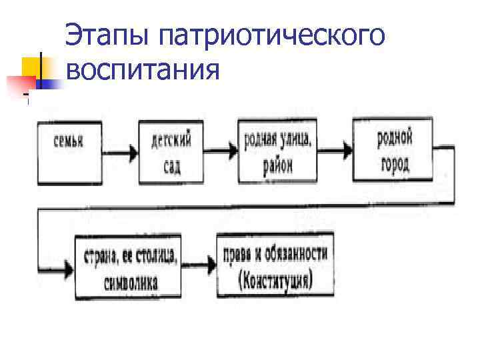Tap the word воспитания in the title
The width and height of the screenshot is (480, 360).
pyautogui.click(x=143, y=69)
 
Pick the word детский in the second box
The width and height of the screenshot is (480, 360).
pyautogui.click(x=171, y=141)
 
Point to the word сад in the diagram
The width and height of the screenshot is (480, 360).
pyautogui.click(x=172, y=165)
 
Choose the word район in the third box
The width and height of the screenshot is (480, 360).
pyautogui.click(x=276, y=166)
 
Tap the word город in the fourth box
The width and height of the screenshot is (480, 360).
pyautogui.click(x=394, y=165)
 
